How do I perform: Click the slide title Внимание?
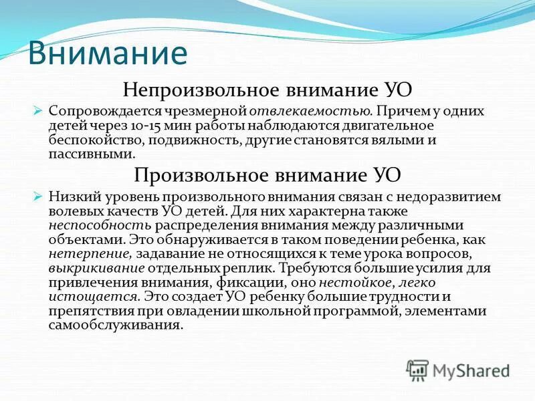click(107, 53)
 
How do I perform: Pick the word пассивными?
click(91, 154)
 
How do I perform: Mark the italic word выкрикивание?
click(96, 268)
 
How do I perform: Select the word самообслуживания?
click(115, 326)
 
